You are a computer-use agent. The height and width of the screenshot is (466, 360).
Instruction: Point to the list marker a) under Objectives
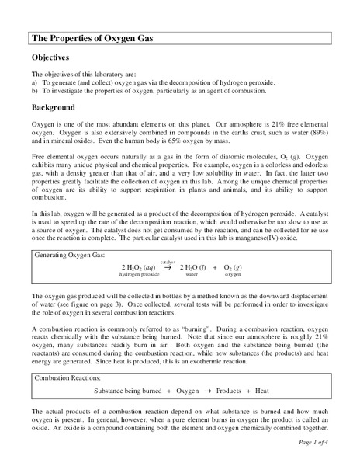(34, 82)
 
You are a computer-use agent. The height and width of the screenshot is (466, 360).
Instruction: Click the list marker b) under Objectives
(34, 90)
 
